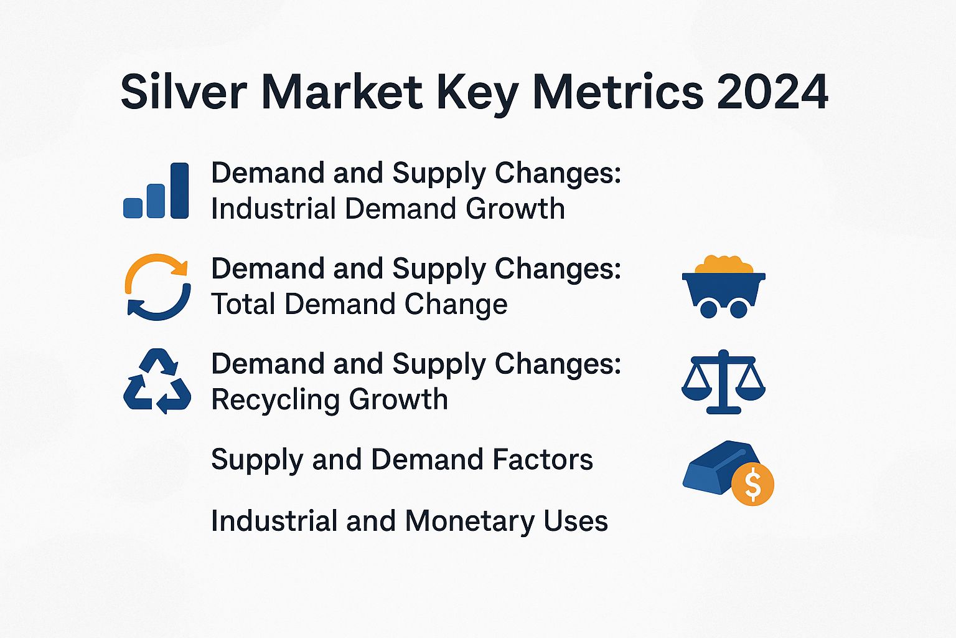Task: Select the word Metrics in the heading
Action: click(617, 92)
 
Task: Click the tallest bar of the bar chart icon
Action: click(179, 190)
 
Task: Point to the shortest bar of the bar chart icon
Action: click(133, 207)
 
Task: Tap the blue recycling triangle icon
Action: click(157, 381)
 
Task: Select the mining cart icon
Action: click(723, 288)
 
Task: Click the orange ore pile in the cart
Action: click(723, 265)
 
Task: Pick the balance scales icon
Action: click(723, 381)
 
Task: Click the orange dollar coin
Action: click(752, 484)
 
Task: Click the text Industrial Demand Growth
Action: click(388, 209)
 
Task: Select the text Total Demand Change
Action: click(359, 304)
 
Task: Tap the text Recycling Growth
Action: click(329, 399)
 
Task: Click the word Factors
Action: click(542, 460)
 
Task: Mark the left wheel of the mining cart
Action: click(708, 308)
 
